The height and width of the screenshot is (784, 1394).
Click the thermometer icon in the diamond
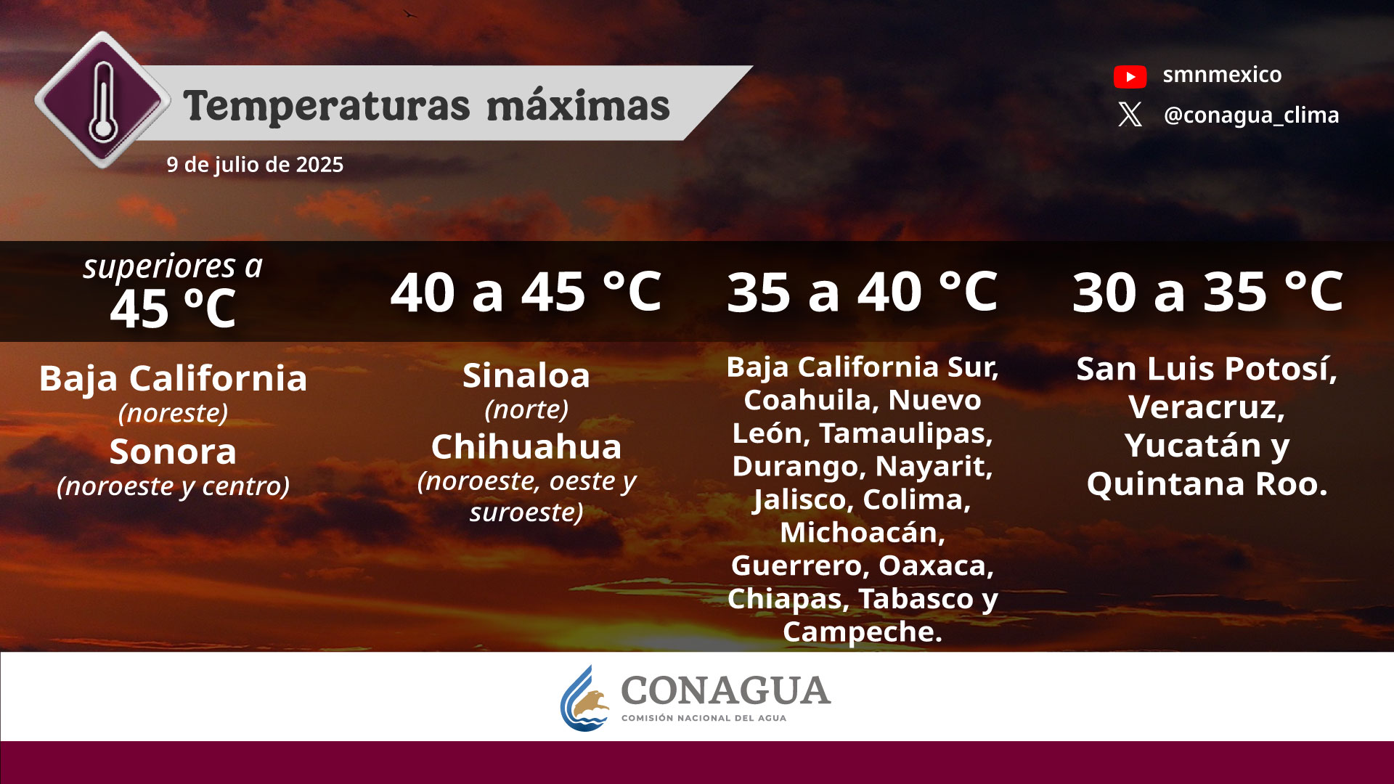[103, 101]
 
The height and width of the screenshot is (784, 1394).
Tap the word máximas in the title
[578, 106]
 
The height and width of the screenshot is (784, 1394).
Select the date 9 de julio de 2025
[255, 165]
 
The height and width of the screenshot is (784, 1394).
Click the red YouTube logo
[1130, 76]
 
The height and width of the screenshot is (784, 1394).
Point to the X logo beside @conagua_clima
[1130, 115]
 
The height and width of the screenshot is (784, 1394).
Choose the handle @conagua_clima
[1251, 115]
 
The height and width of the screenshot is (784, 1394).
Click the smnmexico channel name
[1222, 75]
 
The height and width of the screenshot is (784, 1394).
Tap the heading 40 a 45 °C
[526, 293]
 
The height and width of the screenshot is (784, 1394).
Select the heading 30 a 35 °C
[1207, 293]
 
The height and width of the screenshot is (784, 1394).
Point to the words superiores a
[173, 266]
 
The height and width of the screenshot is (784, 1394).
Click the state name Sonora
[173, 452]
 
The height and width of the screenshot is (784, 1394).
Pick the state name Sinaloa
[526, 376]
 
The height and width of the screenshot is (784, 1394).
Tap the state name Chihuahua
[526, 447]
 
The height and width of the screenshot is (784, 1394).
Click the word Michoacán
[863, 532]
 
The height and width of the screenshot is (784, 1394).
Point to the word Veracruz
[1206, 408]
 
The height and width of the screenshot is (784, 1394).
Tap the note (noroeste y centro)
[173, 486]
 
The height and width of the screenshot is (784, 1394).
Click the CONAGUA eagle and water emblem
[585, 698]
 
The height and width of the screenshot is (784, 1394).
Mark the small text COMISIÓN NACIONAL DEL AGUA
[704, 718]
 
